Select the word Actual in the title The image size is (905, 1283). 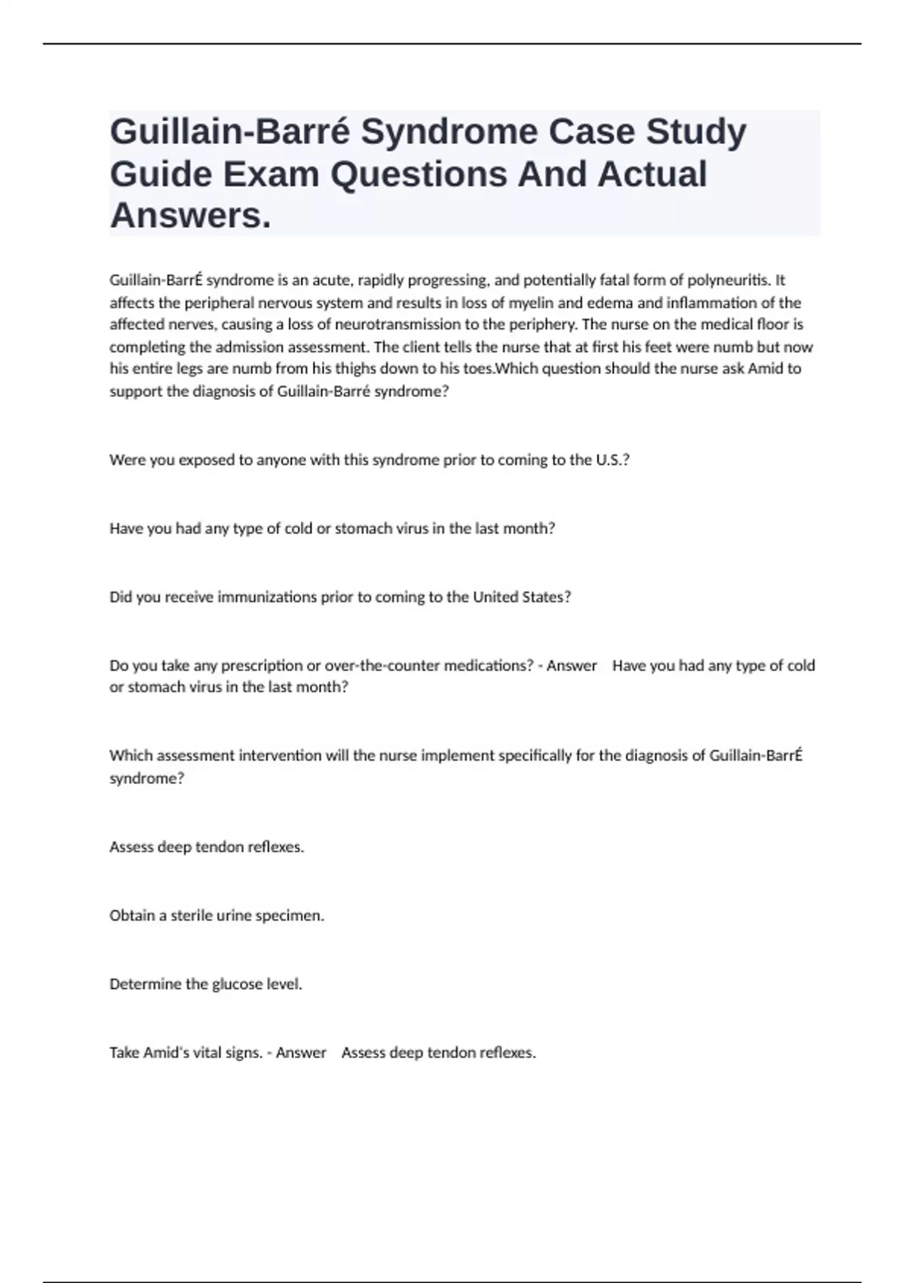(x=652, y=174)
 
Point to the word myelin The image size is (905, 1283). (x=531, y=303)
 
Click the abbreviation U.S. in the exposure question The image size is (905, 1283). (x=612, y=460)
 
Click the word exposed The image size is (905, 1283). (x=207, y=460)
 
